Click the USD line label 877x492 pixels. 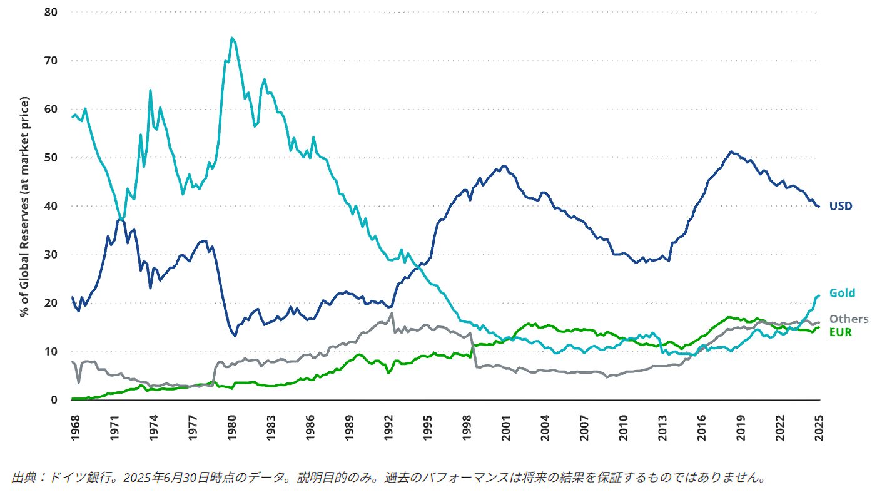pos(841,206)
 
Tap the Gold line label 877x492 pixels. pos(842,293)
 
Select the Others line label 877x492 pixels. pos(849,319)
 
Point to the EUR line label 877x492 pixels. pos(841,332)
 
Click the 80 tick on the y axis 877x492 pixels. pos(51,13)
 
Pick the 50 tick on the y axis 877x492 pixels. pos(51,158)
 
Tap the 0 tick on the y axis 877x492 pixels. pos(54,400)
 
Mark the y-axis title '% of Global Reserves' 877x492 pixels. pos(24,207)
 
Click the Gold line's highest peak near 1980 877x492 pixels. pos(232,38)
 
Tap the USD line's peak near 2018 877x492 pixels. pos(731,151)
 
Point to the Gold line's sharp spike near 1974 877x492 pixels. pos(150,90)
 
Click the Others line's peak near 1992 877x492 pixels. pos(392,313)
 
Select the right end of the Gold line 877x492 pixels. pos(819,295)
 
